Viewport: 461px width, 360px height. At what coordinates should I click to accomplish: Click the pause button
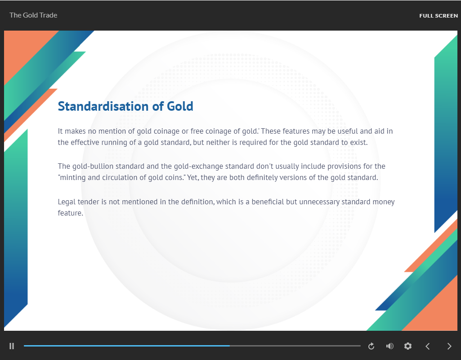(x=12, y=346)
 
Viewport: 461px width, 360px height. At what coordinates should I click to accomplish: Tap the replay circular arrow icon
(x=371, y=346)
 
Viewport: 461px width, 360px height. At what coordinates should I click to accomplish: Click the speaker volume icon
(x=390, y=346)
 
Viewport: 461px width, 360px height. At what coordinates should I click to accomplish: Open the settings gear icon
(x=408, y=346)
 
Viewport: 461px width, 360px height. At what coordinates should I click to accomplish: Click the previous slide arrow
(x=428, y=346)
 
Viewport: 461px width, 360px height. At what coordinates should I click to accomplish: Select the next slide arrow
(x=449, y=346)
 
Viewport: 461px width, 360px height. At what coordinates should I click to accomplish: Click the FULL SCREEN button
(x=439, y=16)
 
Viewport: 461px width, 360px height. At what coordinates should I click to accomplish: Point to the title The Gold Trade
(x=33, y=15)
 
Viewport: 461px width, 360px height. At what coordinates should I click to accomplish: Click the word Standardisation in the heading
(x=103, y=106)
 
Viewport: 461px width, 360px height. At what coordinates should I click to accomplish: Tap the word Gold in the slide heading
(x=180, y=106)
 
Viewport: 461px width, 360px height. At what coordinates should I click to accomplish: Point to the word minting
(x=70, y=178)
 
